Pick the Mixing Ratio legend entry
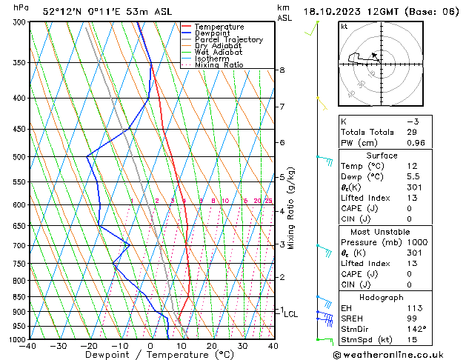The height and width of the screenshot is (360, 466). pyautogui.click(x=219, y=65)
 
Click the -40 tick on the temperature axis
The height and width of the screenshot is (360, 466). pyautogui.click(x=28, y=346)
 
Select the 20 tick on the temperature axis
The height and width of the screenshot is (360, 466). pyautogui.click(x=212, y=346)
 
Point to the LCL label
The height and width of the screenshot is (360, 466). pyautogui.click(x=291, y=314)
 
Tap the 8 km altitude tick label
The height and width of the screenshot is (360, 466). pyautogui.click(x=282, y=70)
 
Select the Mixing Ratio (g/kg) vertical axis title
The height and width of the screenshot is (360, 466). pyautogui.click(x=292, y=208)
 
